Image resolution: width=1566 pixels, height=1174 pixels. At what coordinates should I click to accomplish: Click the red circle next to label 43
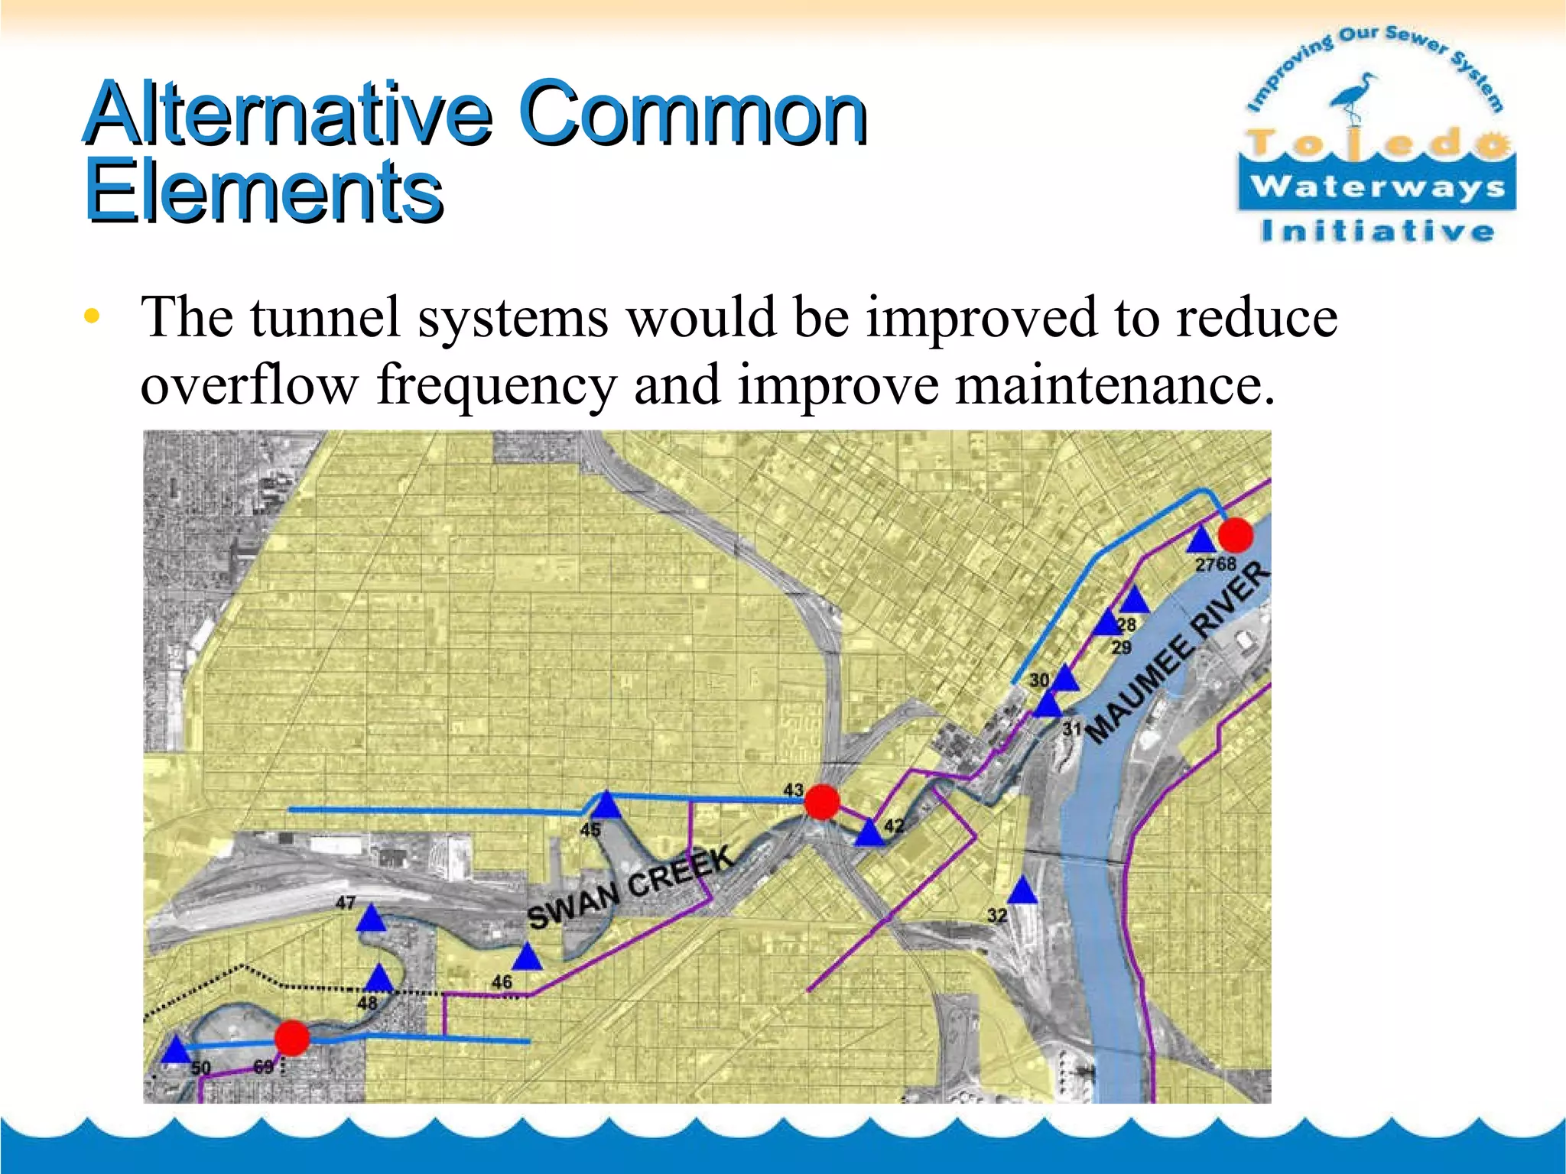pos(822,802)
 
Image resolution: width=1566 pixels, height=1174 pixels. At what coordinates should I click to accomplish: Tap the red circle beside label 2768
pos(1235,535)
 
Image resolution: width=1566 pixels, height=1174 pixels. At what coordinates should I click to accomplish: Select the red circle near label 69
pos(291,1038)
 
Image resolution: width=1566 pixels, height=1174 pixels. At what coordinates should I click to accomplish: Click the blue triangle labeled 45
pos(606,806)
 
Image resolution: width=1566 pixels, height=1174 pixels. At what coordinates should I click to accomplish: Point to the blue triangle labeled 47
pos(371,919)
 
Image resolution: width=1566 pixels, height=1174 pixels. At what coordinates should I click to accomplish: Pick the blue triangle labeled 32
pos(1022,891)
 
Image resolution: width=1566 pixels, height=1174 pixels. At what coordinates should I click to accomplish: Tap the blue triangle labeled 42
pos(869,833)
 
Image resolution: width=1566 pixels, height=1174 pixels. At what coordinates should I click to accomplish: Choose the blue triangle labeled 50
pos(176,1050)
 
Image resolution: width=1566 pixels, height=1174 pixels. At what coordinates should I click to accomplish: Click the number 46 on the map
pos(502,981)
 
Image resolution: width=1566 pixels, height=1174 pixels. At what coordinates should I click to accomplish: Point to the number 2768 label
pos(1216,564)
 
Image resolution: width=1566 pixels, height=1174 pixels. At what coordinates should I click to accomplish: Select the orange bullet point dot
pos(92,316)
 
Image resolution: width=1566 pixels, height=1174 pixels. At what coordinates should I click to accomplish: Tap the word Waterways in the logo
pos(1377,186)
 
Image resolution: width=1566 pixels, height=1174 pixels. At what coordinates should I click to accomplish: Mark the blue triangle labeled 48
pos(379,978)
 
